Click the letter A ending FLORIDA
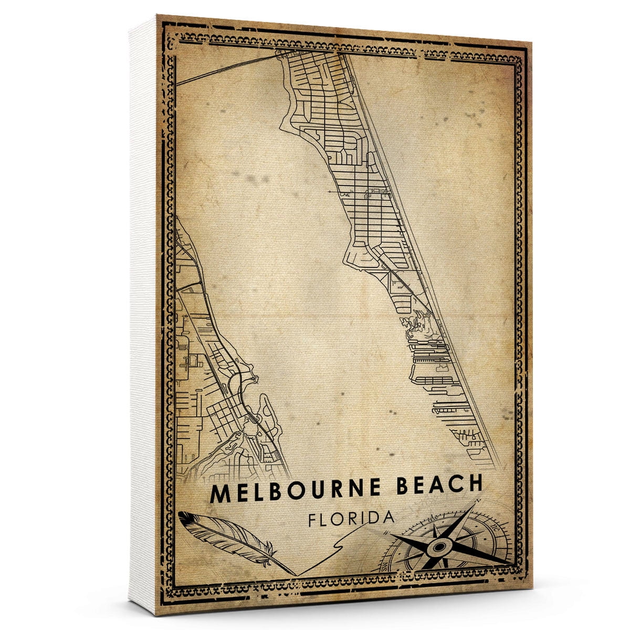pyautogui.click(x=388, y=517)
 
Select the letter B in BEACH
pyautogui.click(x=402, y=488)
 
